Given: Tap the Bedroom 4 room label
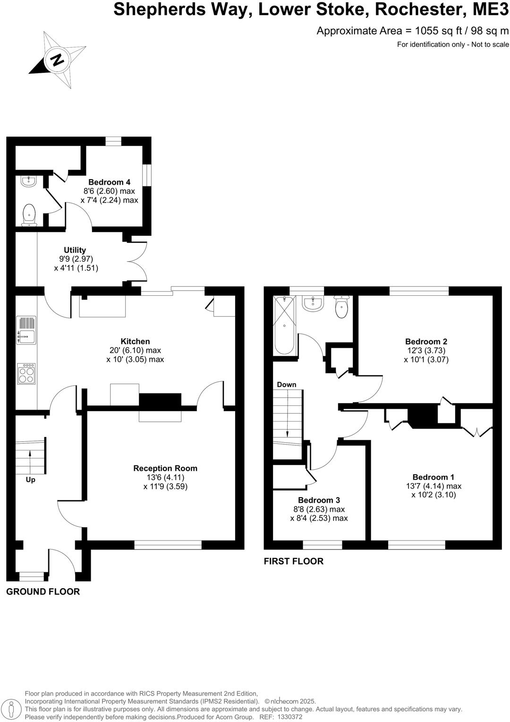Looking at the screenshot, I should pos(109,182).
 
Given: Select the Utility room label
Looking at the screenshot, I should pos(75,250).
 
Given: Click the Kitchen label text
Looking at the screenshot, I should pos(135,341).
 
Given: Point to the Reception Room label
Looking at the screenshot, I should pos(165,468).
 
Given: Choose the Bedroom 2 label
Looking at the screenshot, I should pos(426,342).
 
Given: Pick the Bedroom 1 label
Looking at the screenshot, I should pos(433,477).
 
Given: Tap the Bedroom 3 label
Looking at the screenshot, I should pos(319,500).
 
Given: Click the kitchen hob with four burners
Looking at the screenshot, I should pos(26,374).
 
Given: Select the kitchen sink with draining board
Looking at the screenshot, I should pos(26,330).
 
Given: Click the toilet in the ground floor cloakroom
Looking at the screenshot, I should pos(29,215).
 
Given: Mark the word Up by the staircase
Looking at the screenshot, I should pos(31,480).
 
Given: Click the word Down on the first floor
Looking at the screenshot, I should pos(287,385).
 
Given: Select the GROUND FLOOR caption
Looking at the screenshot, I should pos(43,592).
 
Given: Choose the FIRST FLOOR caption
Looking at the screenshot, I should pos(293,561).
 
